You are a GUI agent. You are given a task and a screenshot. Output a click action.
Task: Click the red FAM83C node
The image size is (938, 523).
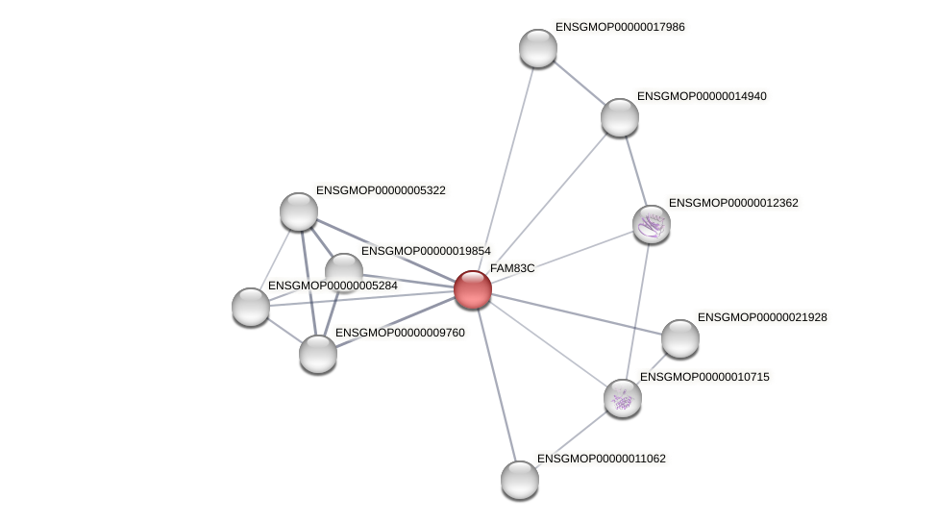(473, 289)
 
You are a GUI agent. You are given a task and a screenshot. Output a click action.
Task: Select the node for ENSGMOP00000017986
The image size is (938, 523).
(538, 48)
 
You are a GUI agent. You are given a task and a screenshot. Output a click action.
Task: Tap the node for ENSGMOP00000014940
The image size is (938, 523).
(620, 117)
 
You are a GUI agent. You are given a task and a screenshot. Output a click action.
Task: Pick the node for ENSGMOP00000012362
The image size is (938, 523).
(652, 224)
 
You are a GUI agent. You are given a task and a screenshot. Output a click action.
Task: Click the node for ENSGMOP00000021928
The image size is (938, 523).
(680, 338)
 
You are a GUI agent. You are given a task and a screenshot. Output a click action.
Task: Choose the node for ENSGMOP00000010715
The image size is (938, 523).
(623, 398)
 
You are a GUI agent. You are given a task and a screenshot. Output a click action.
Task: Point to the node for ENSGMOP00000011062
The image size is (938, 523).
(520, 480)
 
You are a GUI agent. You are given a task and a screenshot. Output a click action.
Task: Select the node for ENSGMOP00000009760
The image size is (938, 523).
(318, 354)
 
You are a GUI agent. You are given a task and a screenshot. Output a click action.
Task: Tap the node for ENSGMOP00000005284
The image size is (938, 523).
(251, 307)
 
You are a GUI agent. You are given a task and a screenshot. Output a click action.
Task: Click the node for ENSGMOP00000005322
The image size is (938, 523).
(299, 212)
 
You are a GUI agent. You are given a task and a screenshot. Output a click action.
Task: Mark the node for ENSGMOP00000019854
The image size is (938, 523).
(344, 271)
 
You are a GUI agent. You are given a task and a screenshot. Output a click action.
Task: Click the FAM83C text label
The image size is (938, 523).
(512, 268)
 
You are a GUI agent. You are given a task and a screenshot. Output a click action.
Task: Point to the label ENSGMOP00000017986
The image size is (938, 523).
(620, 27)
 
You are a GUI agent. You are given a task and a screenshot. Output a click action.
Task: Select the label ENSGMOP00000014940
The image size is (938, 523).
(702, 96)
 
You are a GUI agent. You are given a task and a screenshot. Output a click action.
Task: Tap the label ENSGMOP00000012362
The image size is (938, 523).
(733, 203)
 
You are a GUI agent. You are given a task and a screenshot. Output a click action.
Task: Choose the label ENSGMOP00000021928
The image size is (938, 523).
(762, 317)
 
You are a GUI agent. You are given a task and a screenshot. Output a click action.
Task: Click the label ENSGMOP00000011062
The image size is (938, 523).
(602, 459)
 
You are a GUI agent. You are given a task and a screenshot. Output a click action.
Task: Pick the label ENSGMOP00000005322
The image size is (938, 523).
(381, 190)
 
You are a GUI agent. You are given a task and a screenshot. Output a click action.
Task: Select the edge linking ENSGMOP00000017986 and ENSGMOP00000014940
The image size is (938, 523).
(579, 83)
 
